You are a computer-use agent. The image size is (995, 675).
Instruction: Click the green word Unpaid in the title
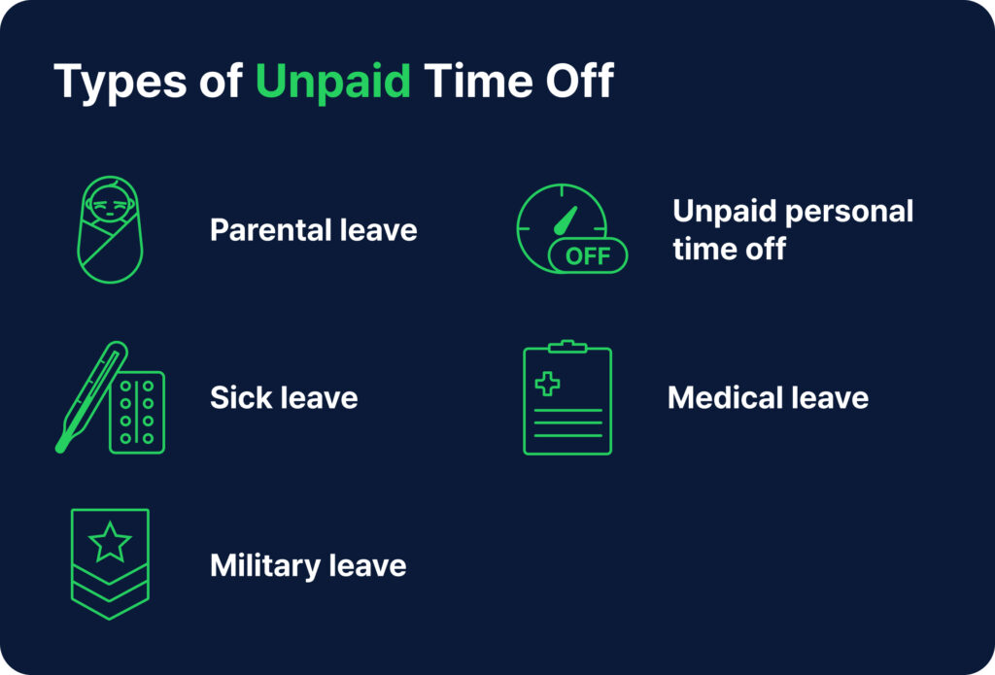[x=332, y=82]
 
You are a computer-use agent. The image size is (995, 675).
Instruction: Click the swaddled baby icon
[x=110, y=230]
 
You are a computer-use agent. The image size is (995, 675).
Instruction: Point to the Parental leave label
[x=313, y=230]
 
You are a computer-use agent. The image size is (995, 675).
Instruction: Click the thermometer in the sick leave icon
[x=90, y=396]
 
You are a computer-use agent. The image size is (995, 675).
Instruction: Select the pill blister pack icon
[x=137, y=412]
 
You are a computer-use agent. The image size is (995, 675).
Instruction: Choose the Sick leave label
[x=284, y=397]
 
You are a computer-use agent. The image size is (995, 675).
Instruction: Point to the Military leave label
[x=308, y=565]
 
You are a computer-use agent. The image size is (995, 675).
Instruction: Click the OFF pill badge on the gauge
[x=588, y=256]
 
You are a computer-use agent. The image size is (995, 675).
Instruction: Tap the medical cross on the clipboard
[x=548, y=385]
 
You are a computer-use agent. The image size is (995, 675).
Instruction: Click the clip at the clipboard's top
[x=567, y=346]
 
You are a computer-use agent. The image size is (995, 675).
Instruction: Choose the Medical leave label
[x=768, y=397]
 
